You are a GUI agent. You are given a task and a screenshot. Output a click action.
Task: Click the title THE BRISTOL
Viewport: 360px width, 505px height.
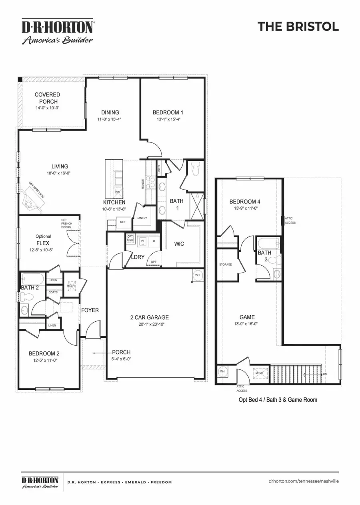298,26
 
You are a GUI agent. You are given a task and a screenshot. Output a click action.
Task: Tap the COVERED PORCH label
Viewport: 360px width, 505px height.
47,98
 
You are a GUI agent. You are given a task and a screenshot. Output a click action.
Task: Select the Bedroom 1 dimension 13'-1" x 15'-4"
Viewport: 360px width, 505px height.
168,119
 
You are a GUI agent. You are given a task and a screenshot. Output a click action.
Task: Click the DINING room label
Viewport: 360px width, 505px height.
110,112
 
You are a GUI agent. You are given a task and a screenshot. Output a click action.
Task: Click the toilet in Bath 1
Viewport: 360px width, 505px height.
196,169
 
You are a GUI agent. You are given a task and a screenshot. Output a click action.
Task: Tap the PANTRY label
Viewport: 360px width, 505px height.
142,218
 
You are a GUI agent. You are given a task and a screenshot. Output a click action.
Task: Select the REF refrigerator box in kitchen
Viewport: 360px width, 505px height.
123,222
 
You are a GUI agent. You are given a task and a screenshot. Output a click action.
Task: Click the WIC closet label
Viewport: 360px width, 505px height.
180,243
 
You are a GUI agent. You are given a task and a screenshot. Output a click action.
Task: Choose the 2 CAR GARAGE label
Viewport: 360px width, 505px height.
149,317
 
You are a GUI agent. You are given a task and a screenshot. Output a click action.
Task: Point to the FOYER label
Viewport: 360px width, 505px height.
90,310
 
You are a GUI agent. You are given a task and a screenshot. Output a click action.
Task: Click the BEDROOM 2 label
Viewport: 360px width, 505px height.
44,353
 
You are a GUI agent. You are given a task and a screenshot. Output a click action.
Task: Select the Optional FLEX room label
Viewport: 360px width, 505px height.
43,242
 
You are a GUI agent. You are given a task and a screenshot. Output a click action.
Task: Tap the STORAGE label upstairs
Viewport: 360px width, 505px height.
225,265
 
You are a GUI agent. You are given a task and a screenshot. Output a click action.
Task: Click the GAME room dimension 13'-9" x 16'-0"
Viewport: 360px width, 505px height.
246,324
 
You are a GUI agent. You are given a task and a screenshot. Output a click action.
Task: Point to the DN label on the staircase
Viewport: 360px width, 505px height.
325,374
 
